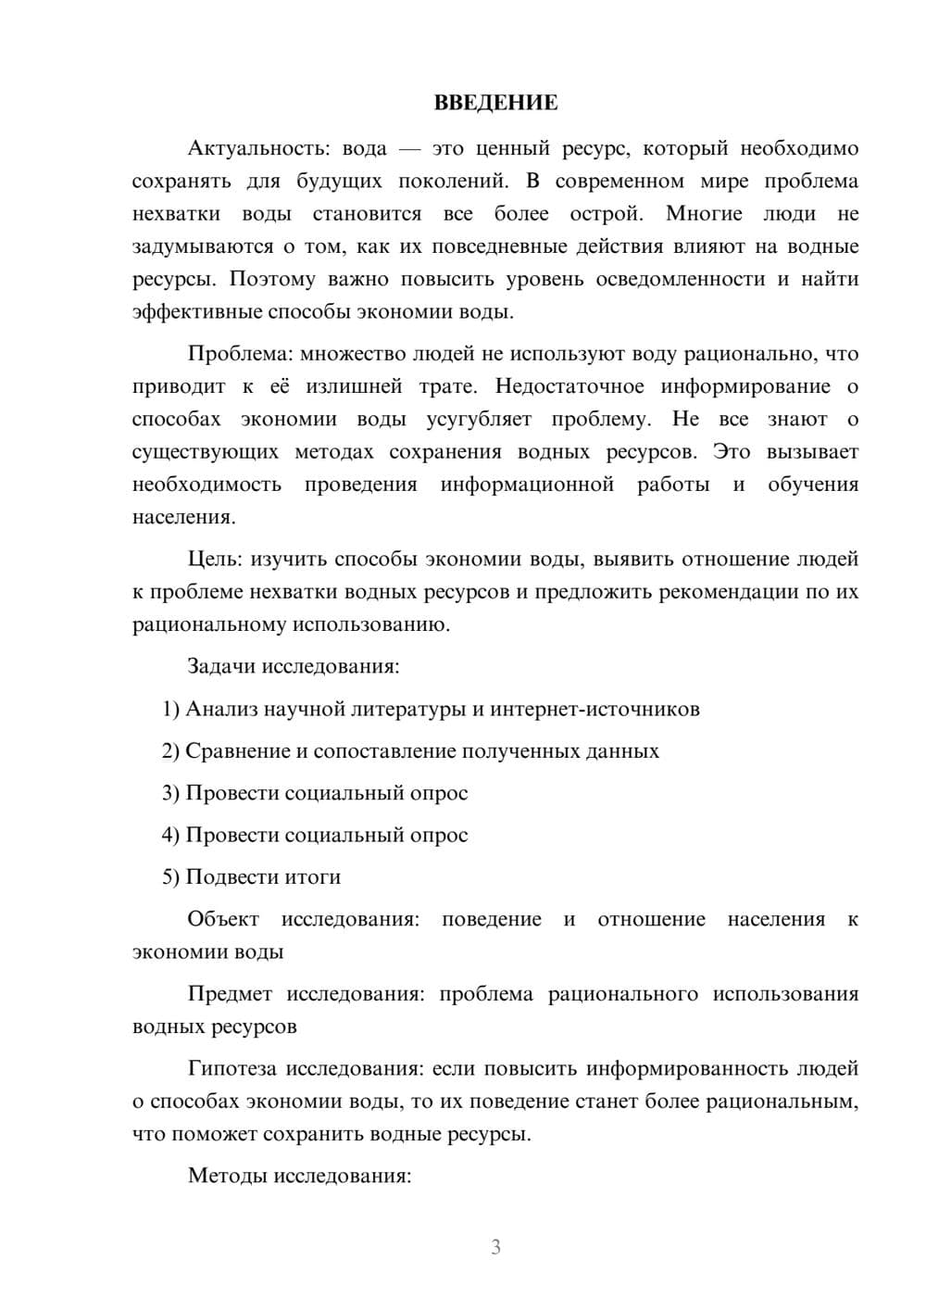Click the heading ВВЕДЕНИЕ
click(495, 103)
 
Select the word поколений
click(450, 181)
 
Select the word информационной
click(527, 485)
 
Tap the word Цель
click(214, 559)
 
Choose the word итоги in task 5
click(313, 876)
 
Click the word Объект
click(223, 919)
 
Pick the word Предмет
click(230, 994)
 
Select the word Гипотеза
click(231, 1068)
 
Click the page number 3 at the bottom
click(495, 1247)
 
